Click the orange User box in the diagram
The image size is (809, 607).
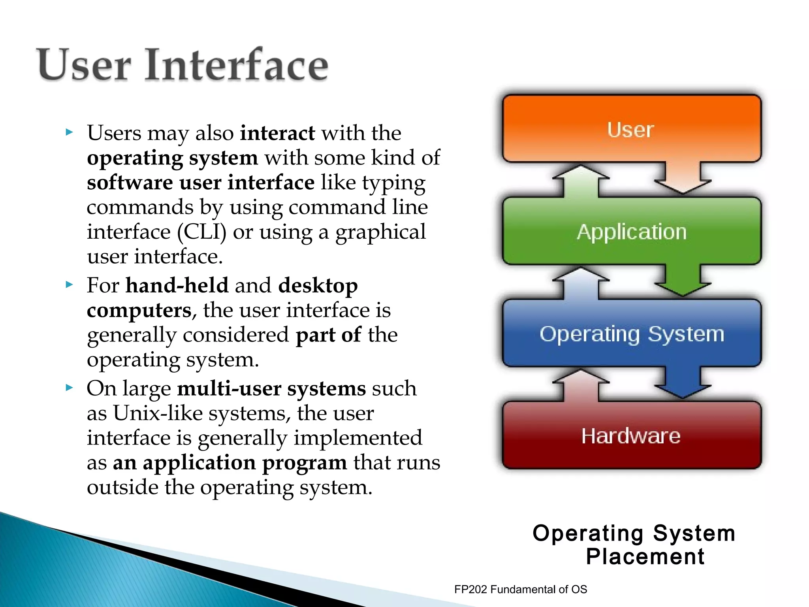[x=631, y=129]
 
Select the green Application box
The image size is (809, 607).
[x=631, y=232]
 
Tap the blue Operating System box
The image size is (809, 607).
[x=631, y=334]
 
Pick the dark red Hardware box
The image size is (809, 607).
[x=631, y=435]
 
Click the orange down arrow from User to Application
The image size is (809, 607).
[x=683, y=178]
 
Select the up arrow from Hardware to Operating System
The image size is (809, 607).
[x=581, y=385]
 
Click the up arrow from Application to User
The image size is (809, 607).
[x=581, y=181]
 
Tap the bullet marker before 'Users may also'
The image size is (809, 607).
[x=70, y=132]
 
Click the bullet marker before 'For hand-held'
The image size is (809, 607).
[x=70, y=285]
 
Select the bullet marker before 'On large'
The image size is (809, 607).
[x=70, y=388]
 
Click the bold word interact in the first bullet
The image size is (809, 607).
[x=277, y=133]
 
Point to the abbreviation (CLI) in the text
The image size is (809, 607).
[x=201, y=232]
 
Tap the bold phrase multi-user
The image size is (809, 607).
[x=229, y=389]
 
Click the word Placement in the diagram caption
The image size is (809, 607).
[x=645, y=557]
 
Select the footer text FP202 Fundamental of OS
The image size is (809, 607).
[x=520, y=589]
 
